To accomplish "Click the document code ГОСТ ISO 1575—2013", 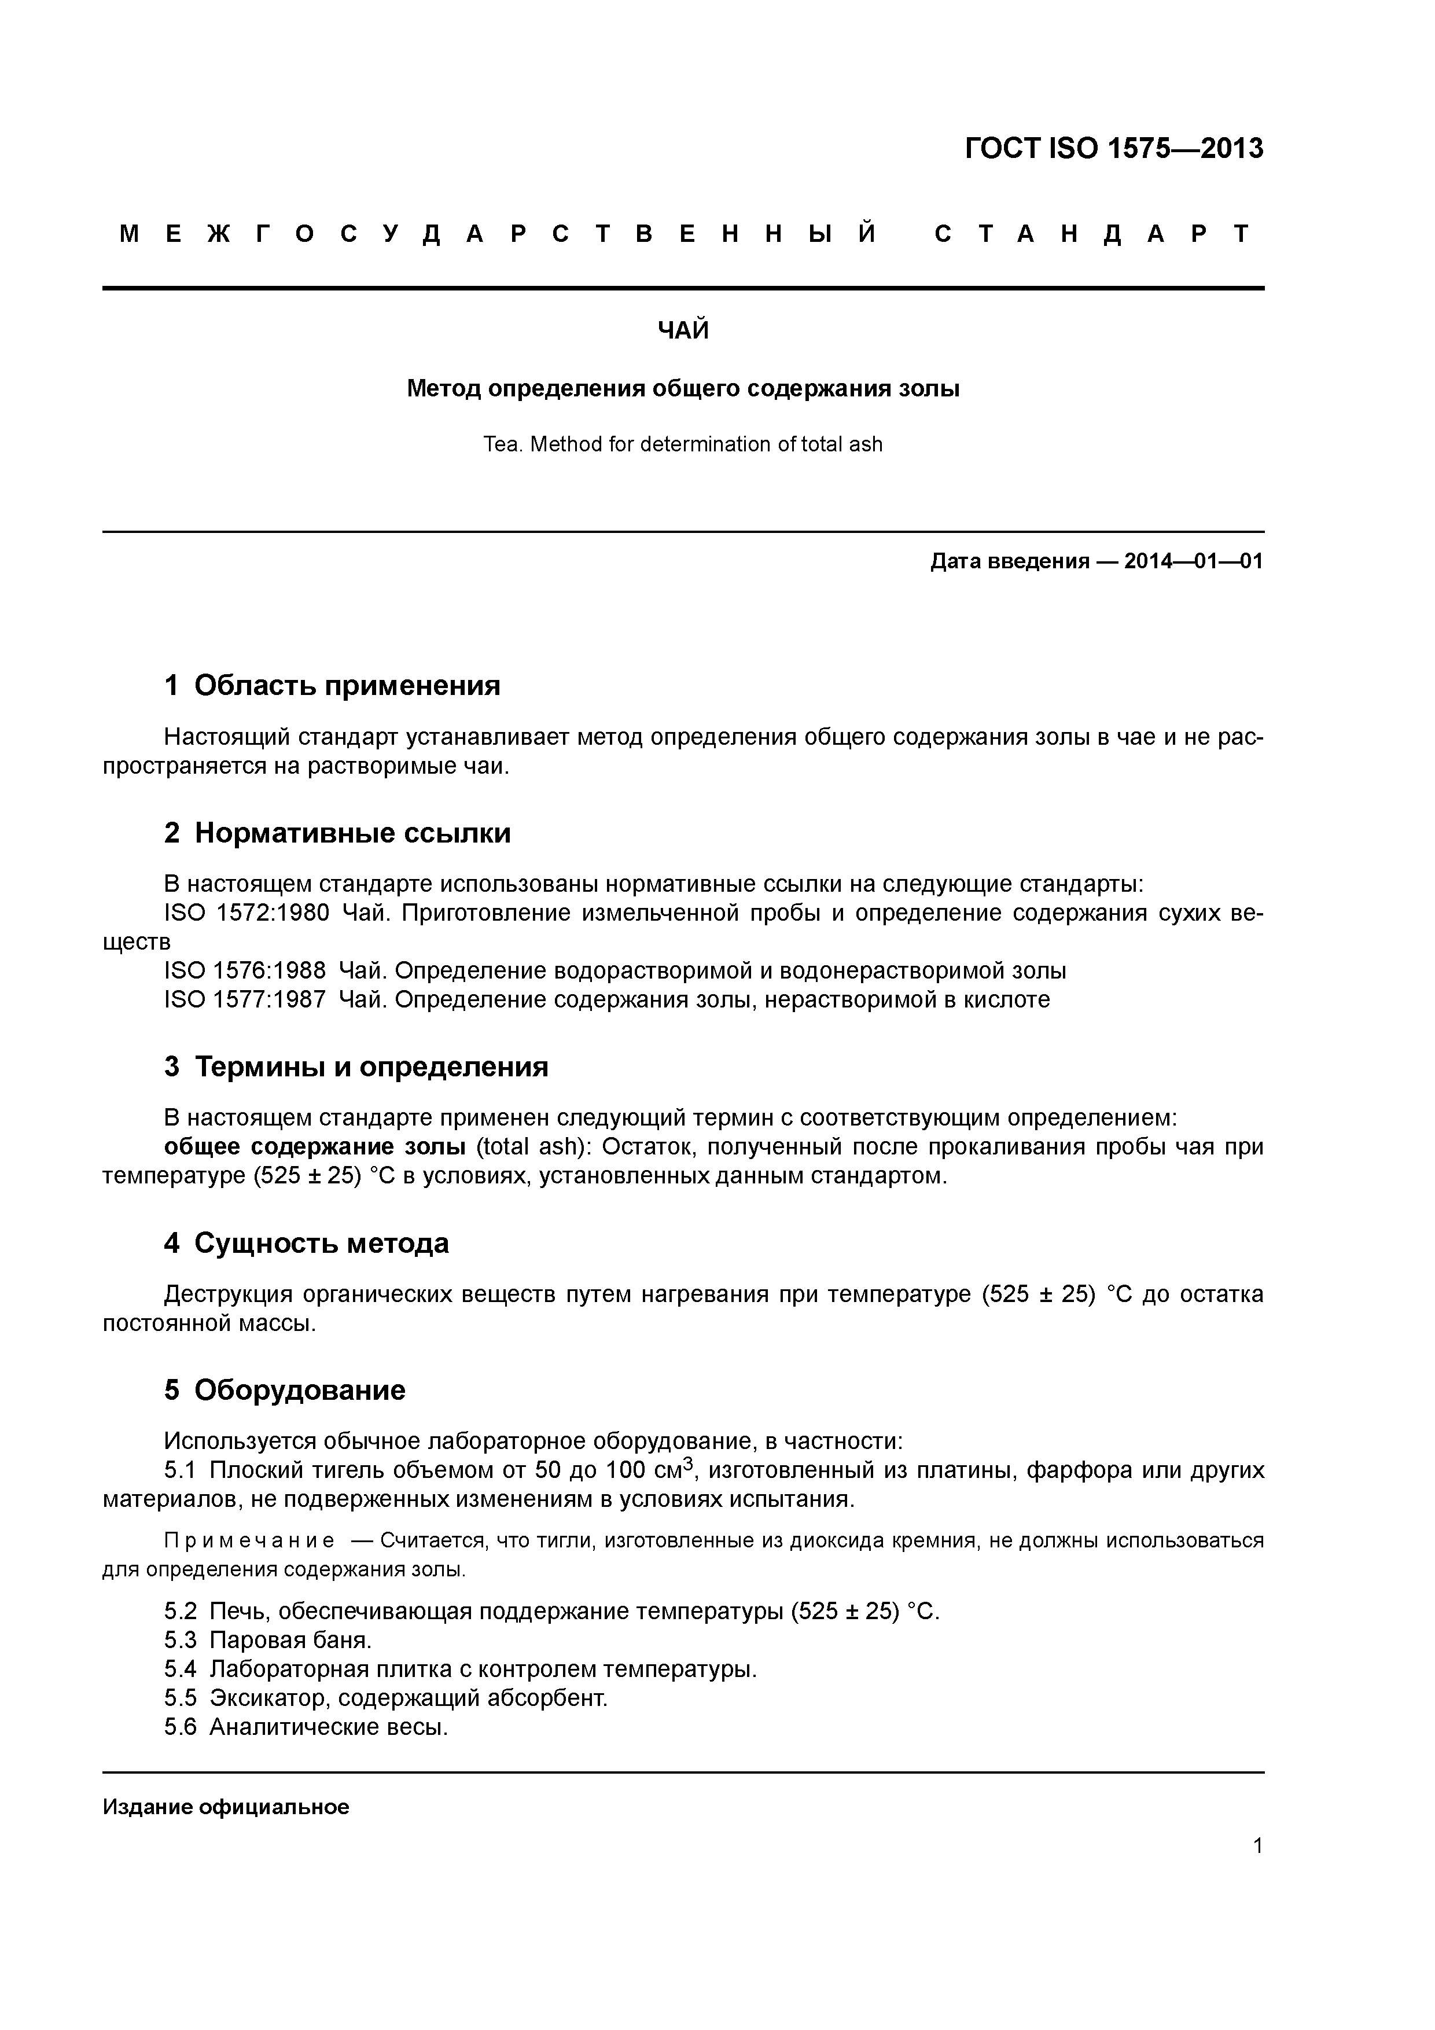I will click(1113, 149).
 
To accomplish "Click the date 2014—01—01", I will click(1193, 561).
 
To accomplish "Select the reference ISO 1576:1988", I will click(245, 971).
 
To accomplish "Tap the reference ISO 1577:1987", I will click(245, 1000).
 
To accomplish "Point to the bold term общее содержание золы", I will click(315, 1148).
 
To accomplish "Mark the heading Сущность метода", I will click(321, 1244).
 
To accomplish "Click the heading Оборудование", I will click(300, 1390).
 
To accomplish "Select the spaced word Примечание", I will click(249, 1541).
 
